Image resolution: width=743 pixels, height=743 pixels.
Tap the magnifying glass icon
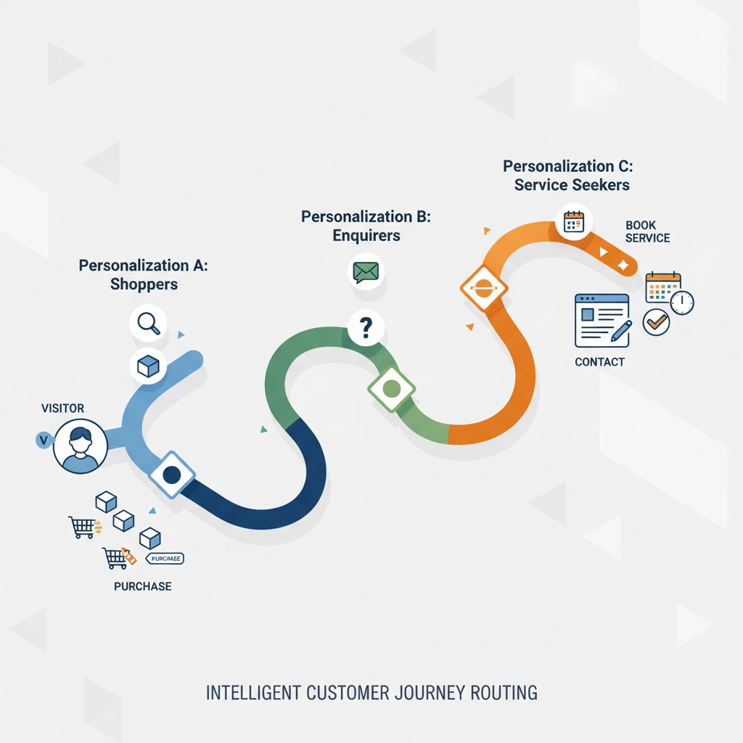(148, 323)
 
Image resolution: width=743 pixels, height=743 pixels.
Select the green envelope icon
(366, 272)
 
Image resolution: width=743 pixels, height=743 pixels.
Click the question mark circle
(366, 329)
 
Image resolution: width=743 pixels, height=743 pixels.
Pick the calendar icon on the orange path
(574, 221)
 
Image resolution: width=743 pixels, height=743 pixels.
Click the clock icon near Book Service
(682, 303)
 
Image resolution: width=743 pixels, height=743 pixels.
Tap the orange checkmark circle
(657, 321)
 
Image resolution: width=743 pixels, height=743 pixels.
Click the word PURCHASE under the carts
(143, 586)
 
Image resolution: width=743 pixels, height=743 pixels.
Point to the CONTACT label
(599, 361)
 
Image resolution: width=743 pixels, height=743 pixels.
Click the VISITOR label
(63, 409)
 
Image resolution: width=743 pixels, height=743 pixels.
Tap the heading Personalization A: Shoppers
(144, 274)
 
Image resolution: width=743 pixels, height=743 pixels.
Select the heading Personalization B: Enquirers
(366, 226)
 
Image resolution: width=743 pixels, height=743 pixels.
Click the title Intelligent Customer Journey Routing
(371, 692)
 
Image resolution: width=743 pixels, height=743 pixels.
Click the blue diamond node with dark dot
(172, 475)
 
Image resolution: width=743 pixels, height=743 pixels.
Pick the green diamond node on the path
(392, 388)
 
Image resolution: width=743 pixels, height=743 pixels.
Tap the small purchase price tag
(165, 558)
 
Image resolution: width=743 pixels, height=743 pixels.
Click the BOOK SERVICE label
(647, 231)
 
